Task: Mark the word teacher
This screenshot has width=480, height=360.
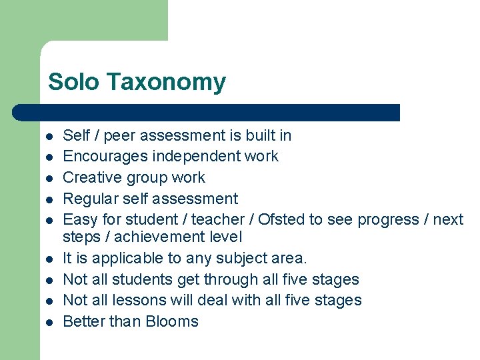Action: click(x=217, y=219)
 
